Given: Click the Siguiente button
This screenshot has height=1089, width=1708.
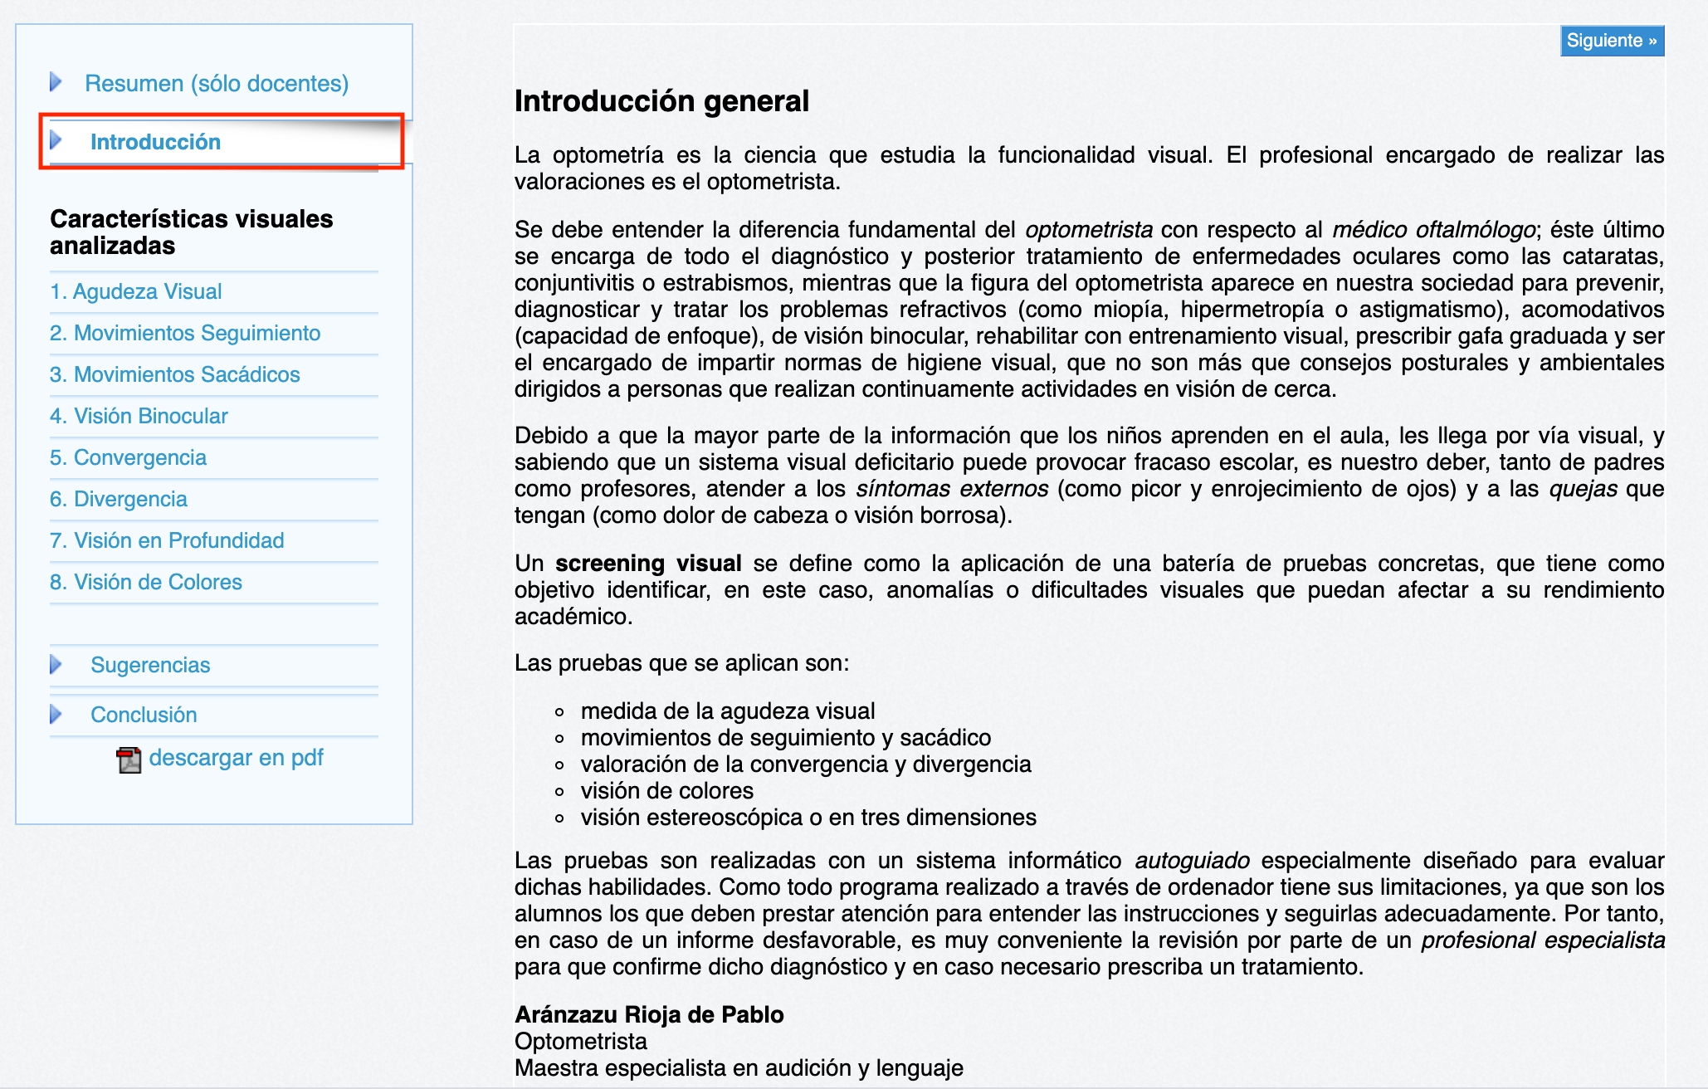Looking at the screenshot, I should (1611, 41).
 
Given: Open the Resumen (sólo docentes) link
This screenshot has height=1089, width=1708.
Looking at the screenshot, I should (216, 83).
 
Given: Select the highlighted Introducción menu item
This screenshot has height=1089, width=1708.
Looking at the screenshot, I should (155, 142).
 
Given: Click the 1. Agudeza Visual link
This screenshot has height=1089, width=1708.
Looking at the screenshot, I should (136, 291).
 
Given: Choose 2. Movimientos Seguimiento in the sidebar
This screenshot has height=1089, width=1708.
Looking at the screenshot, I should (185, 333).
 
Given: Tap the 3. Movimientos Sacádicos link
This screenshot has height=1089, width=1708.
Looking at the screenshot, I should (175, 374).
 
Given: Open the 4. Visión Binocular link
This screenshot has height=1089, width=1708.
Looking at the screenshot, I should (139, 416).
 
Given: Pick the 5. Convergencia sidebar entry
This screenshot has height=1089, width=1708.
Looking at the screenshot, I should (128, 457).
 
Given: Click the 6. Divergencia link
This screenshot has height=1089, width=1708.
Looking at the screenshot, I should (119, 499).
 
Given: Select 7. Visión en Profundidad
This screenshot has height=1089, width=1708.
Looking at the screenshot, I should (167, 540).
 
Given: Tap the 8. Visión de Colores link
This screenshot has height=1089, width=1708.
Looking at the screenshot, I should (146, 582).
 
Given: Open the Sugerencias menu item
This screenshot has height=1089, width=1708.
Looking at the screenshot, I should (150, 665).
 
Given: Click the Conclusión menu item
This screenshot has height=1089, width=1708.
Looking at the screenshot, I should (144, 715).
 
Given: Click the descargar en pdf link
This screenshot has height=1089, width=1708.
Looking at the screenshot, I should (236, 758).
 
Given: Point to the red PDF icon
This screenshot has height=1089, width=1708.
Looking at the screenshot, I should (129, 759).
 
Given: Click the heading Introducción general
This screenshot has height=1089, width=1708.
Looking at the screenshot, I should (661, 101).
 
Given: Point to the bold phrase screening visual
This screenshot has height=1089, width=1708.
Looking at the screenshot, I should (648, 564).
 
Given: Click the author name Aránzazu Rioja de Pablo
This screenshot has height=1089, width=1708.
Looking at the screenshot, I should (649, 1014).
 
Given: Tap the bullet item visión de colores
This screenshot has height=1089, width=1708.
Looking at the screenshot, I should (667, 791).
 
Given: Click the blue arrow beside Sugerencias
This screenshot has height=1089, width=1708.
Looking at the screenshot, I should (56, 665).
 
